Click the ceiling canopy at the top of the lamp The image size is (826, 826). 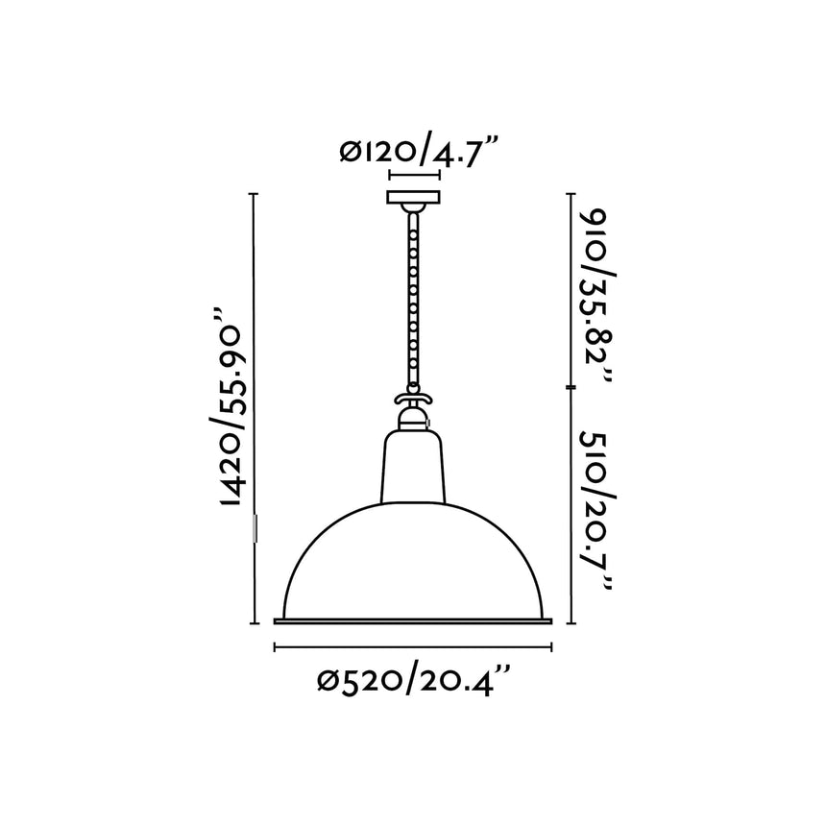click(413, 200)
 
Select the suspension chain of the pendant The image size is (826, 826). click(413, 298)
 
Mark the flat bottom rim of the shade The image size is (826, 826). click(413, 620)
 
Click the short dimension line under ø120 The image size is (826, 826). click(413, 176)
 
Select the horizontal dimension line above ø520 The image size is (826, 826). click(413, 647)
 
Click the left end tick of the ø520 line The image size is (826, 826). click(276, 647)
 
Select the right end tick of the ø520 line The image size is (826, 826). click(552, 647)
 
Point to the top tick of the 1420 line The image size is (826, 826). click(255, 195)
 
